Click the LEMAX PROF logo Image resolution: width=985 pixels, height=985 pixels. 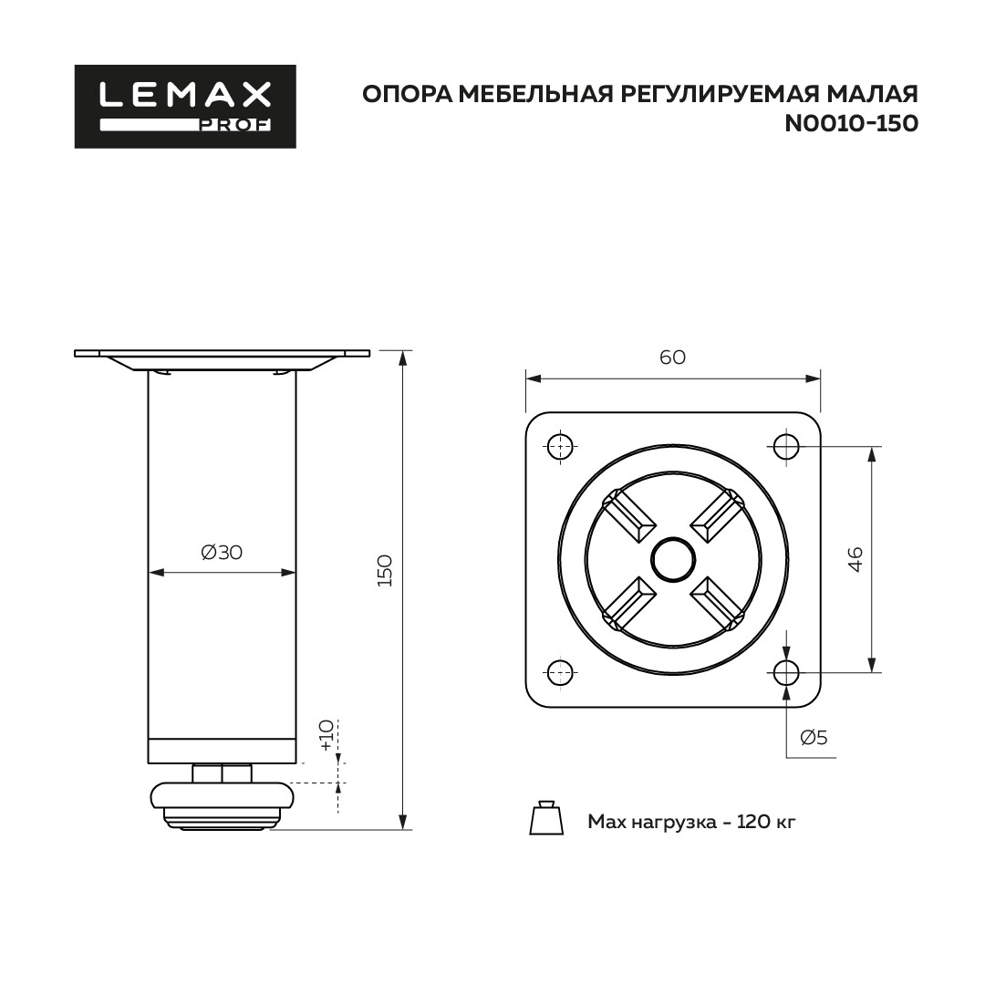click(x=185, y=106)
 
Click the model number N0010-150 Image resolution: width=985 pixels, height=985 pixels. click(x=851, y=124)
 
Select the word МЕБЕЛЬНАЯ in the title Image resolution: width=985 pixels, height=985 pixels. click(x=536, y=94)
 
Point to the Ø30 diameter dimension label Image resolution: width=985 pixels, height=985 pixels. click(x=221, y=552)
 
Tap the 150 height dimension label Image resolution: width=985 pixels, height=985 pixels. click(x=385, y=570)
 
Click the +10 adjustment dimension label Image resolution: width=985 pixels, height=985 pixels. click(x=326, y=735)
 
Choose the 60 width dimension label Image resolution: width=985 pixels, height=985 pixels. click(x=672, y=357)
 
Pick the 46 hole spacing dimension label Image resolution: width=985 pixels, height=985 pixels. click(x=855, y=559)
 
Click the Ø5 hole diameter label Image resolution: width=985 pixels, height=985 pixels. click(x=814, y=737)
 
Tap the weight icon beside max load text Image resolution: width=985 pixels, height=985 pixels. click(x=546, y=818)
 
